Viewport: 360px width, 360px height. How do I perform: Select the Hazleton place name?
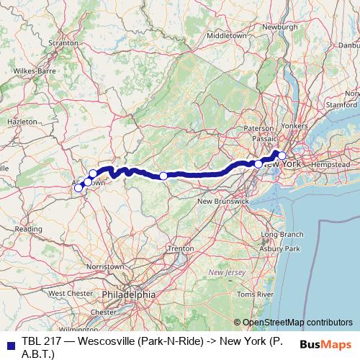pos(21,122)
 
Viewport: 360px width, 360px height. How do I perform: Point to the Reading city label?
pos(28,229)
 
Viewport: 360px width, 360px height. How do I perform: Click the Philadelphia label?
pos(128,294)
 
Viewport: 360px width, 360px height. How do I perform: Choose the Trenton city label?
pos(180,248)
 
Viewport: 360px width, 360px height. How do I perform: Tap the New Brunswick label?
pos(222,201)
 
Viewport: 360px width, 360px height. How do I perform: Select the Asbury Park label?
pos(282,248)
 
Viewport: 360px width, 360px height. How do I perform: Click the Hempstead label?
pos(330,165)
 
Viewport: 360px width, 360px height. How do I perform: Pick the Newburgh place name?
pos(279,27)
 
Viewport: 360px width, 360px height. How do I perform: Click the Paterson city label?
pos(258,128)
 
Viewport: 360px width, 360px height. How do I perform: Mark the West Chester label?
pos(71,294)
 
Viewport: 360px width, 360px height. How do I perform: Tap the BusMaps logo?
pos(326,345)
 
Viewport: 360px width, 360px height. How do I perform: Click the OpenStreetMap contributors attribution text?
pos(297,323)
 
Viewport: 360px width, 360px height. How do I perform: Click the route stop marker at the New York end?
pos(282,156)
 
